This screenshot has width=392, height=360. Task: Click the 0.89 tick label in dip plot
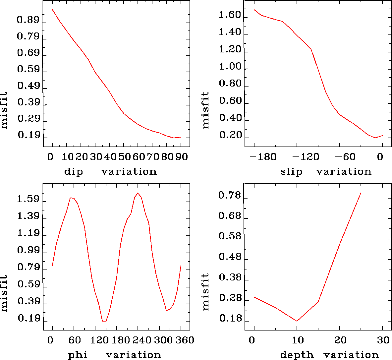(x=28, y=20)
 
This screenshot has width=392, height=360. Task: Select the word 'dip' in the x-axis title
(x=74, y=172)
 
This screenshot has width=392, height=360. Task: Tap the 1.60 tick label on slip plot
(x=230, y=15)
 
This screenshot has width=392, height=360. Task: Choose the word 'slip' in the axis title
(x=291, y=172)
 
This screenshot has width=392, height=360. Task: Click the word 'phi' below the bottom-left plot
(x=78, y=355)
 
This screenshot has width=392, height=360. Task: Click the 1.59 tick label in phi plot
(x=28, y=200)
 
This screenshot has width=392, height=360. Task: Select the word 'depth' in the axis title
(x=297, y=355)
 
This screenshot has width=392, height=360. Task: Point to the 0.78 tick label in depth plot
(x=229, y=196)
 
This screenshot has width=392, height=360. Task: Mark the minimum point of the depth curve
(x=297, y=321)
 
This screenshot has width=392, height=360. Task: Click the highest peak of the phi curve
(x=138, y=193)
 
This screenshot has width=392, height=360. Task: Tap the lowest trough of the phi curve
(x=104, y=321)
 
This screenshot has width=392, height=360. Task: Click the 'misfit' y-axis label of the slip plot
(x=206, y=110)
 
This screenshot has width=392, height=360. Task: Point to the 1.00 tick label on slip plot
(x=230, y=67)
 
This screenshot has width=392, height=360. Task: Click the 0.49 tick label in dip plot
(x=28, y=86)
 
